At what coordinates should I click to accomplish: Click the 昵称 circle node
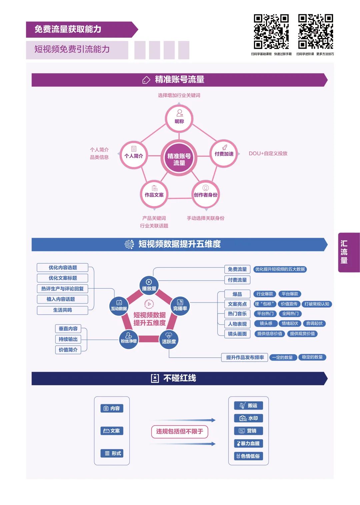[179, 119]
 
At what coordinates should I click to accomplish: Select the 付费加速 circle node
[224, 153]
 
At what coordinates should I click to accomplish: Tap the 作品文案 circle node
[154, 194]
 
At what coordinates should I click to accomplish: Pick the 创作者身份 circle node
[205, 194]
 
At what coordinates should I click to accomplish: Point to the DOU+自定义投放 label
[268, 153]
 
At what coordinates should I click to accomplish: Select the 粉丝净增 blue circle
[128, 340]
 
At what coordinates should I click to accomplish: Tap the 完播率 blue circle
[180, 306]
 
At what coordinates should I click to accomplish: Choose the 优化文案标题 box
[62, 278]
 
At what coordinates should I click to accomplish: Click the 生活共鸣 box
[62, 310]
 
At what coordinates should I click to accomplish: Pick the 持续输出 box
[68, 339]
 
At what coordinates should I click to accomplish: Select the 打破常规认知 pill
[317, 304]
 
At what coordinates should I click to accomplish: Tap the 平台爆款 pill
[290, 294]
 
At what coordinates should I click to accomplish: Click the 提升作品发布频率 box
[245, 357]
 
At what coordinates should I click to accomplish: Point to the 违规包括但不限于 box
[180, 432]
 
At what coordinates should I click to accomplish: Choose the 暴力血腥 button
[248, 443]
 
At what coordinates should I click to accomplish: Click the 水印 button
[248, 418]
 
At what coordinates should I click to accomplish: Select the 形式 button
[112, 453]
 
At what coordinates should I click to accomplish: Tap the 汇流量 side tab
[349, 252]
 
